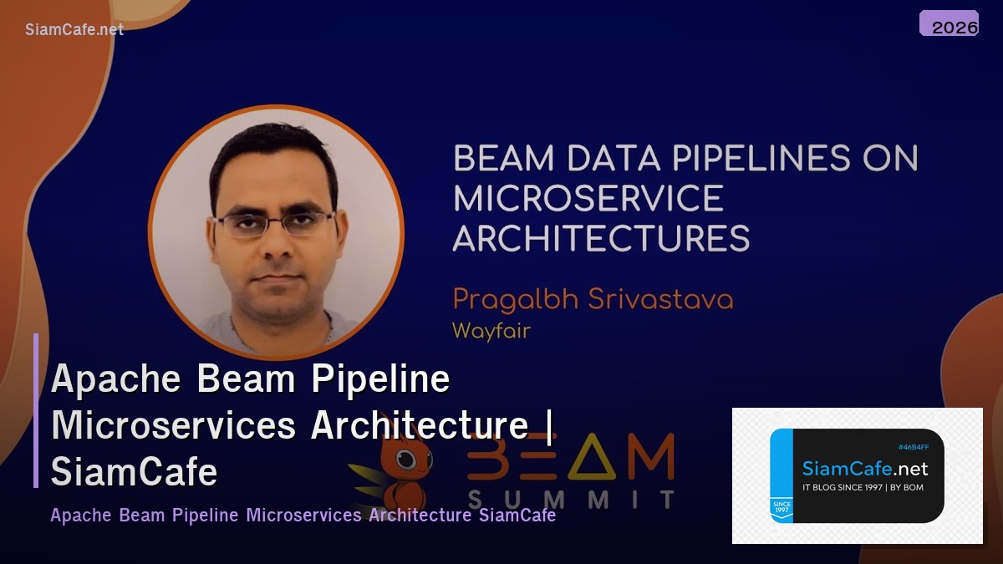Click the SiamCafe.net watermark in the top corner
click(x=74, y=29)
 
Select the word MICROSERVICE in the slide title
click(x=588, y=199)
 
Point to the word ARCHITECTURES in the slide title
click(x=601, y=238)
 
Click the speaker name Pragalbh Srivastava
click(x=592, y=299)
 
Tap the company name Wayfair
click(x=491, y=330)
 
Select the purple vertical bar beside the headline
click(x=36, y=409)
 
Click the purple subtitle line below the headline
click(x=303, y=515)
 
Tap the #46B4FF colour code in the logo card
click(x=914, y=447)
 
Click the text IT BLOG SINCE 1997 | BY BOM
click(x=863, y=487)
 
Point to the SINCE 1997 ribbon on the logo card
click(x=781, y=507)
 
